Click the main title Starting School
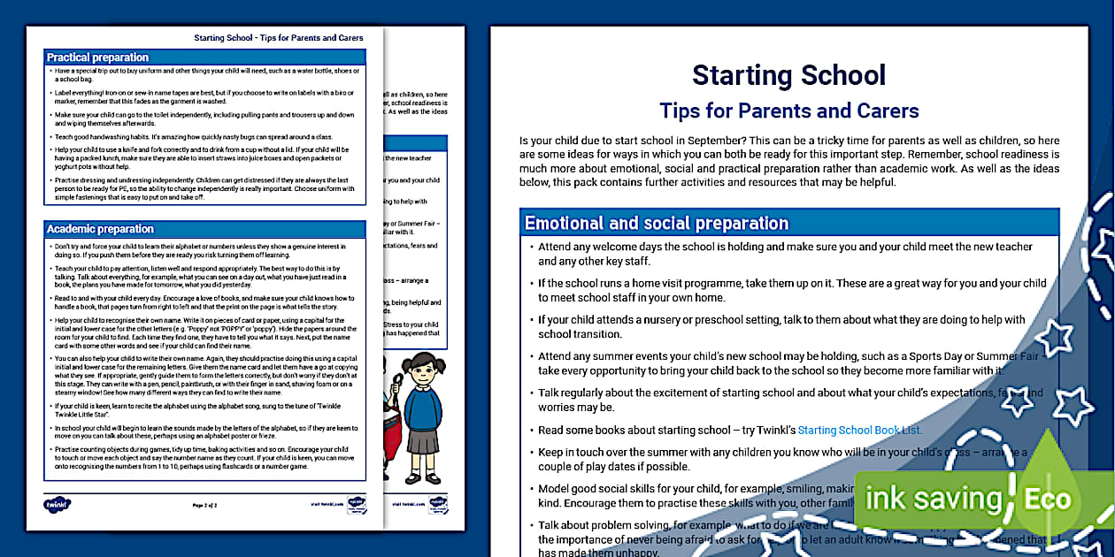point(788,75)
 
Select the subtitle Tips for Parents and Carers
point(788,111)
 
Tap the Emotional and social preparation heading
point(656,223)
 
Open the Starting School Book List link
point(859,431)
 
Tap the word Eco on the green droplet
point(1048,499)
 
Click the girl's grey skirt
point(424,441)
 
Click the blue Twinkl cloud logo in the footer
point(57,505)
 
